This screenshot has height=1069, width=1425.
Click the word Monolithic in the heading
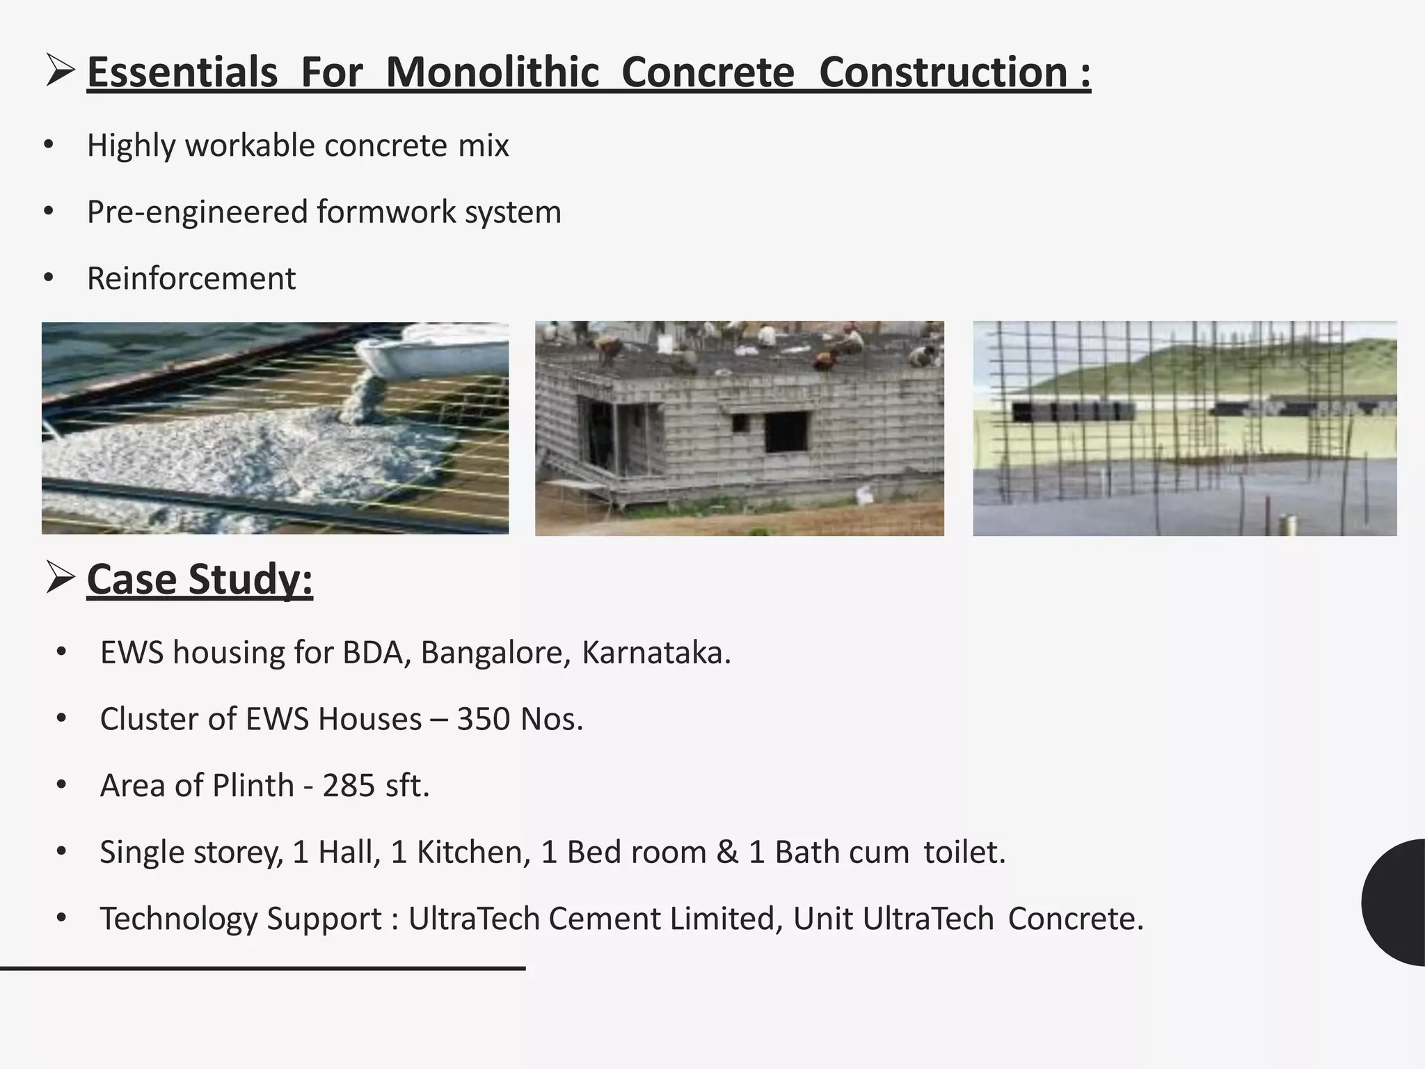pos(492,72)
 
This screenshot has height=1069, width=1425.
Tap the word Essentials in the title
pos(182,72)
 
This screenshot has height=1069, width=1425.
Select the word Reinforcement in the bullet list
pos(191,278)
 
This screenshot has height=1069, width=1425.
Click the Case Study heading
pos(200,579)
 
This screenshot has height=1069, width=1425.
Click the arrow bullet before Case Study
pos(60,578)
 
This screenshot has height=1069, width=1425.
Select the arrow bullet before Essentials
pos(60,72)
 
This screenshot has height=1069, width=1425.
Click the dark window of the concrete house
pos(786,431)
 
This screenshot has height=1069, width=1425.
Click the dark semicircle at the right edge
pos(1395,902)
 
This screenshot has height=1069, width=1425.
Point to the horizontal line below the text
pos(262,968)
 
